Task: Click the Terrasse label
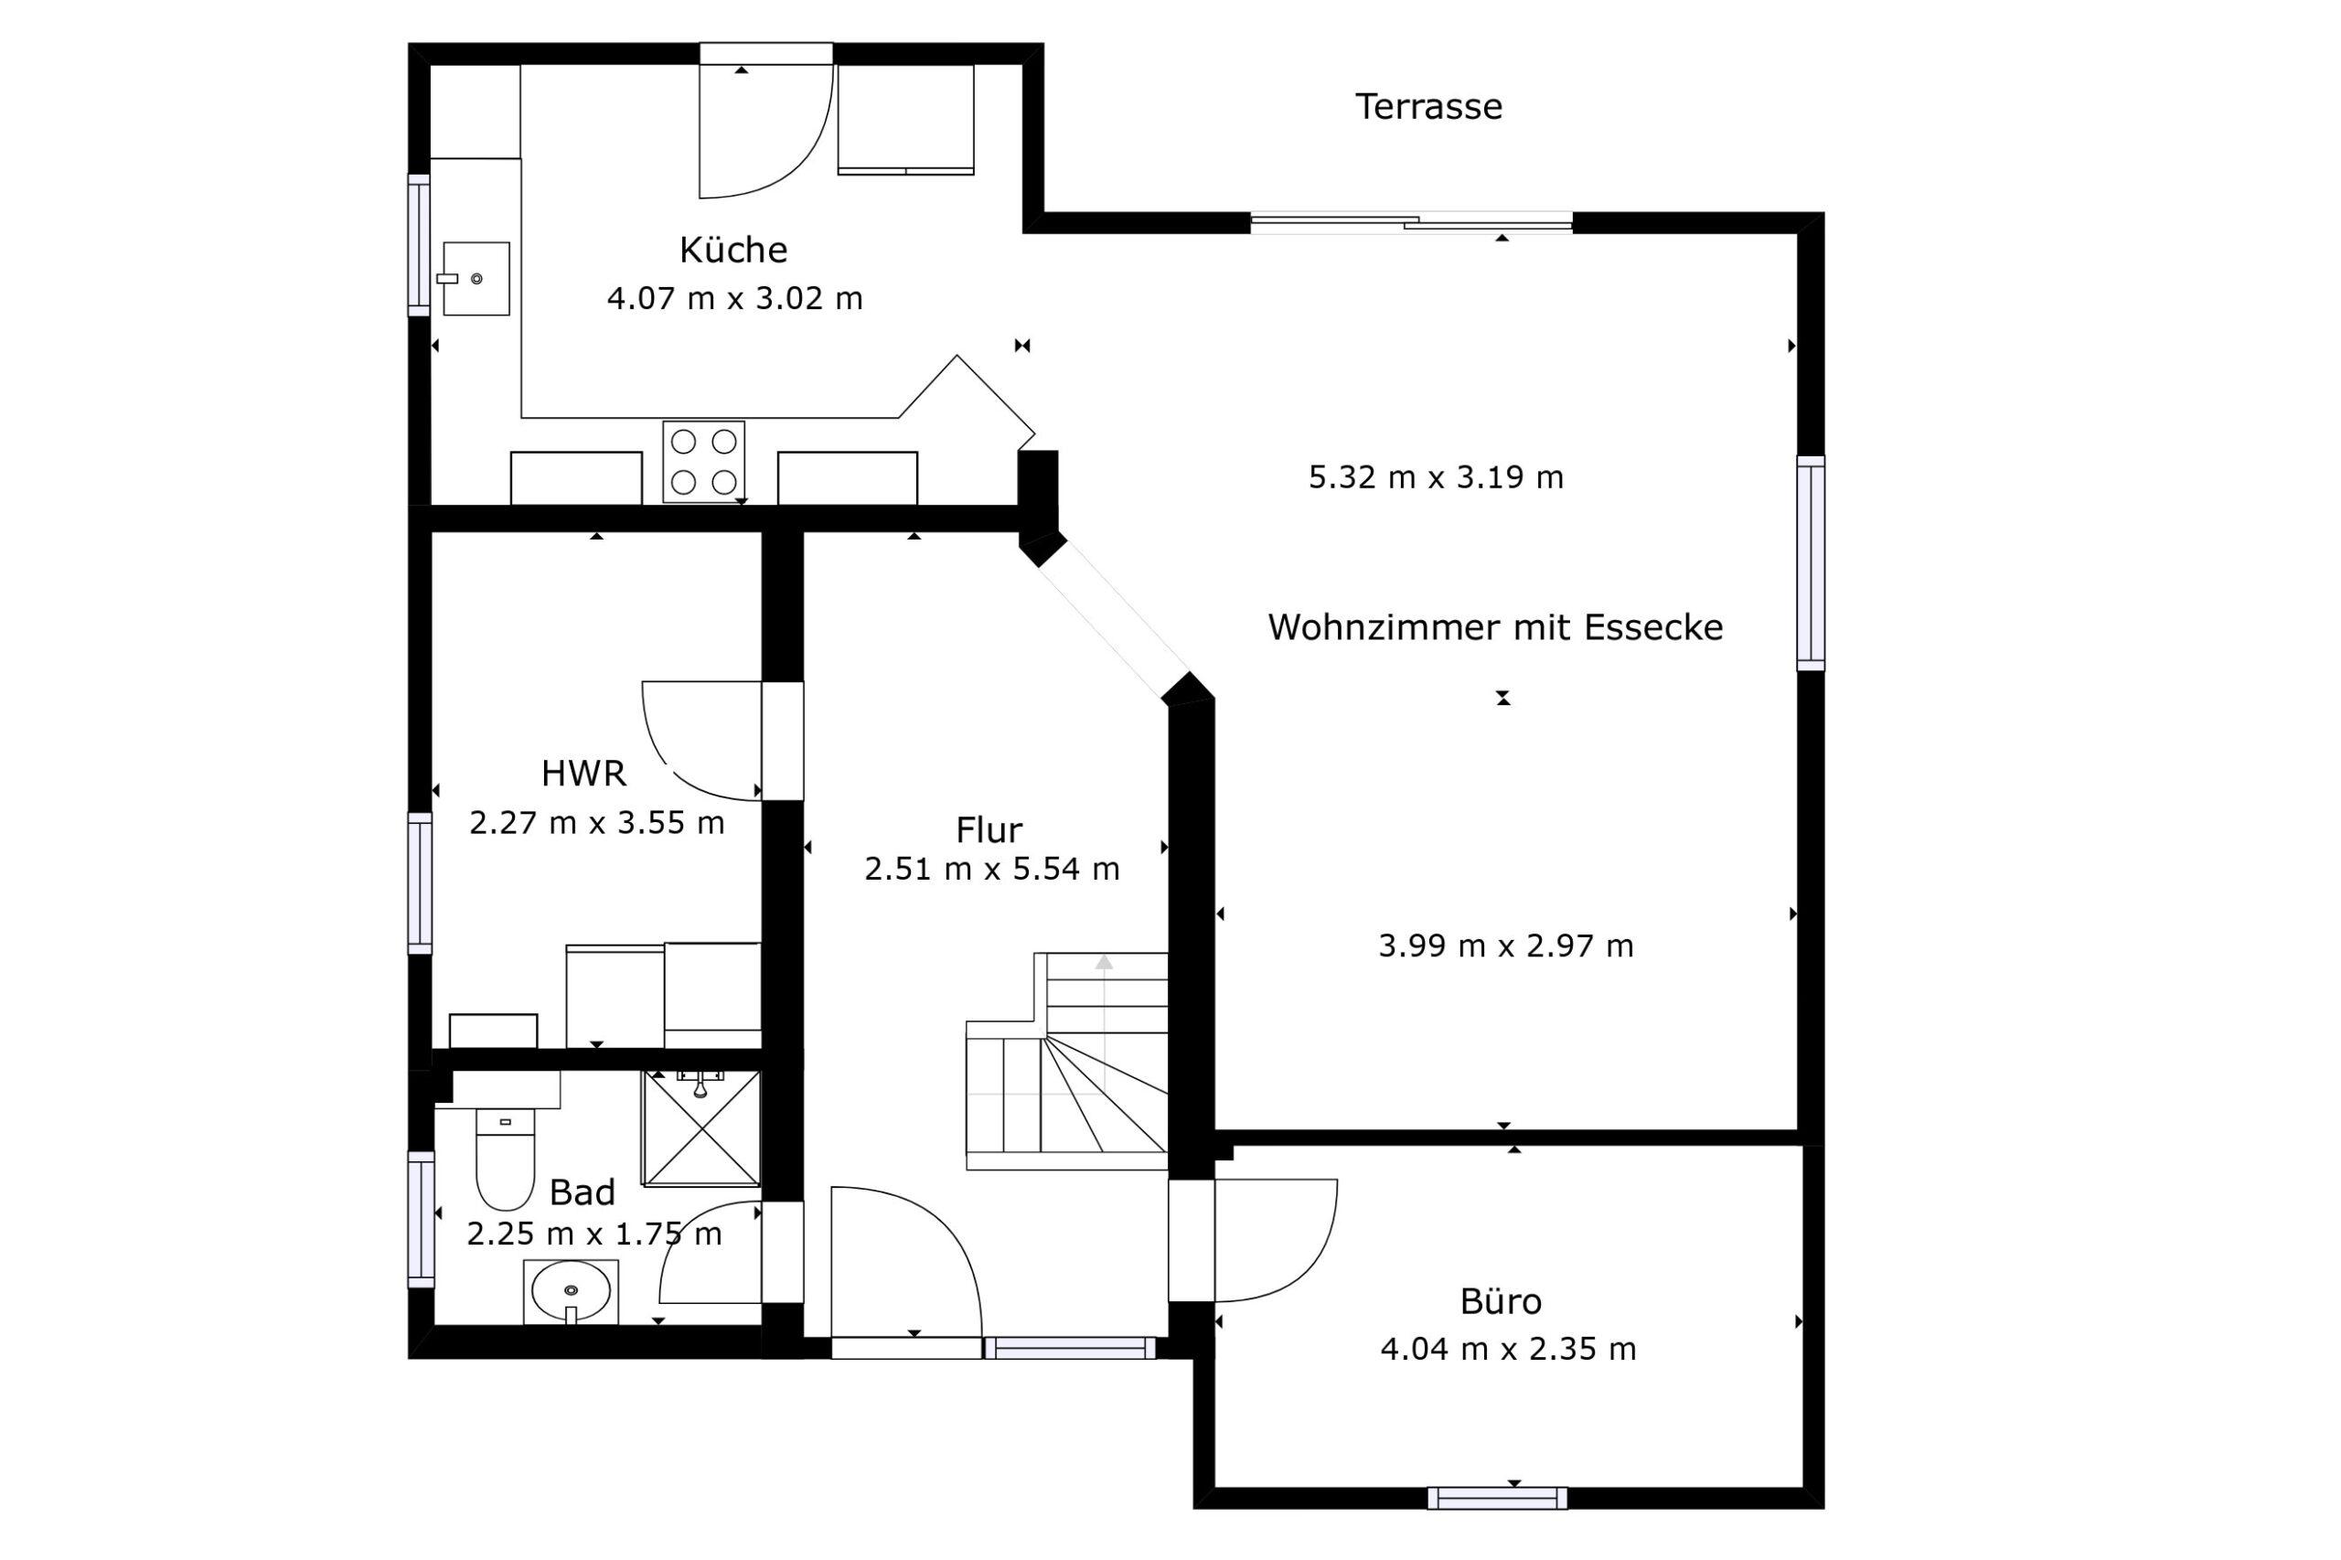coord(1427,106)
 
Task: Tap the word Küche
coord(733,249)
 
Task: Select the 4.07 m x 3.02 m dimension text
coord(734,297)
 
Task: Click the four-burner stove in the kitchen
coord(703,462)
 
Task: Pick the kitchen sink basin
coord(476,279)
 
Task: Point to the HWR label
coord(583,773)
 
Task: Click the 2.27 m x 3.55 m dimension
coord(597,823)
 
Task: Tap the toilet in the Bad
coord(506,1159)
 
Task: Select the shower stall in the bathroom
coord(702,1128)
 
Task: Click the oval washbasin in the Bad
coord(570,1291)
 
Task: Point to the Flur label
coord(989,828)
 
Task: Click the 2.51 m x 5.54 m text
coord(992,869)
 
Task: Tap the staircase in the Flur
coord(1066,1061)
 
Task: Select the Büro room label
coord(1501,1301)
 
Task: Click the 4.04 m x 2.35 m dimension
coord(1508,1349)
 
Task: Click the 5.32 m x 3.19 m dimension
coord(1436,477)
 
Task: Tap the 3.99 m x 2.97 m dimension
coord(1505,946)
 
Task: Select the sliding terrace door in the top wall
coord(1411,223)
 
